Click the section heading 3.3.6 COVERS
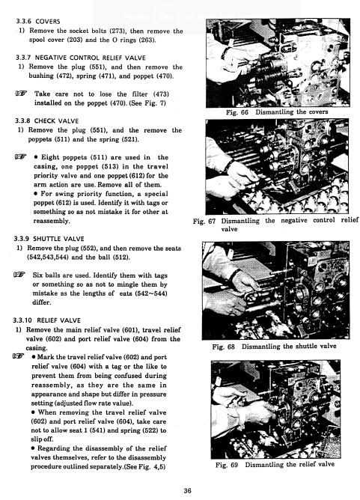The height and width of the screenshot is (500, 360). tap(38, 22)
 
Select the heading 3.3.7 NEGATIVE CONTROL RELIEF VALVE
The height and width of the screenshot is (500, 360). tap(80, 58)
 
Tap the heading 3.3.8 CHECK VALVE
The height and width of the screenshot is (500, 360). tap(46, 121)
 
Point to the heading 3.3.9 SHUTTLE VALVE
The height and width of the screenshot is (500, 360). tap(49, 239)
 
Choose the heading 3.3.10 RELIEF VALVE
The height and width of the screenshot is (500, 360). tap(46, 320)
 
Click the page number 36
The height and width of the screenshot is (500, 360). tap(188, 491)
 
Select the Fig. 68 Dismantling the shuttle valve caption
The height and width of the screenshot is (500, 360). tap(274, 347)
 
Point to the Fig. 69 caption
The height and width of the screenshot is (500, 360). tap(275, 465)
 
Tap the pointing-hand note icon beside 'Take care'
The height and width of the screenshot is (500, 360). tap(21, 94)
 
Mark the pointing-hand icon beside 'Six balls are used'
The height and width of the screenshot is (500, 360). tap(19, 274)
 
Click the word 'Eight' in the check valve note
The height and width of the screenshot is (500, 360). tap(51, 157)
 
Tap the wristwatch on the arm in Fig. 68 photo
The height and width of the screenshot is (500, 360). tap(235, 274)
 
